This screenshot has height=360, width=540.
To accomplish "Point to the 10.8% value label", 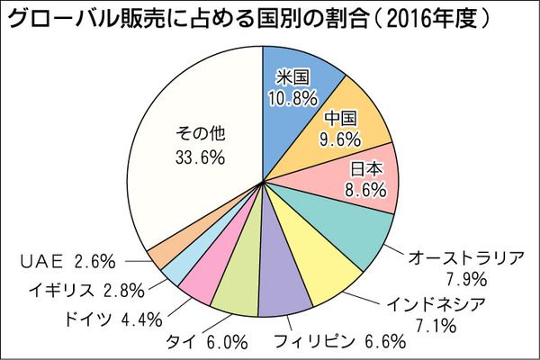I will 288,94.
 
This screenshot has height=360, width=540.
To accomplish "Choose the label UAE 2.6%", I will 67,262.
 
